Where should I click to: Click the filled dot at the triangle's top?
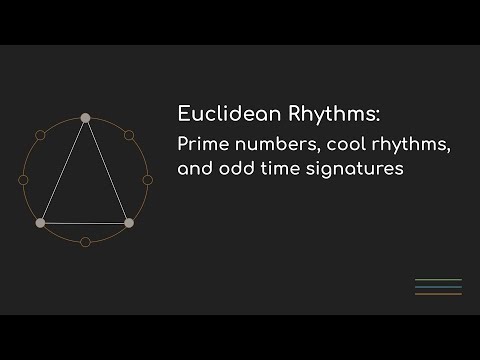tap(85, 118)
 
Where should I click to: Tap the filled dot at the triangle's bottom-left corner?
tap(40, 222)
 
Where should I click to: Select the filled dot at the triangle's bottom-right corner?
tap(129, 222)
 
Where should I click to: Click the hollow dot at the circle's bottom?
tap(85, 241)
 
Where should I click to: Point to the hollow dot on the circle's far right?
tap(147, 179)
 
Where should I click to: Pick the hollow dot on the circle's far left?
tap(23, 179)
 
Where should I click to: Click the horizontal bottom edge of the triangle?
tap(85, 222)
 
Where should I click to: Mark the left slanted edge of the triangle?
tap(62, 170)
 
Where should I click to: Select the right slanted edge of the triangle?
tap(107, 170)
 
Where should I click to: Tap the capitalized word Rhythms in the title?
tap(314, 111)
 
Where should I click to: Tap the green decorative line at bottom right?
tap(437, 279)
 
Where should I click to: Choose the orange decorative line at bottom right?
tap(437, 294)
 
